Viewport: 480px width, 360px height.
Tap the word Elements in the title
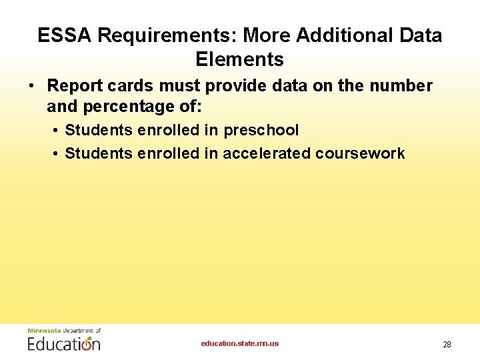(x=239, y=59)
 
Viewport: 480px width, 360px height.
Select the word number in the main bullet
(x=401, y=86)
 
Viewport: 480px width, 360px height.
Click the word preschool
(x=261, y=130)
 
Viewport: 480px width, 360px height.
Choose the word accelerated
(x=266, y=153)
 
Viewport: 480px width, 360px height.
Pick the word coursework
(x=360, y=153)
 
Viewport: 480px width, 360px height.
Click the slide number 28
(x=447, y=345)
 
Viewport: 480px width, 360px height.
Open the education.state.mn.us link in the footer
(x=240, y=344)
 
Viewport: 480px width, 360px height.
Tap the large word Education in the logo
(x=64, y=344)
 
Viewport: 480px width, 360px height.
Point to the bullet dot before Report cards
(x=31, y=87)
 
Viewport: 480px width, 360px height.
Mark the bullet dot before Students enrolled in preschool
(x=55, y=131)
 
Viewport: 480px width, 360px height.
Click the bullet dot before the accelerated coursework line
(x=55, y=154)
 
